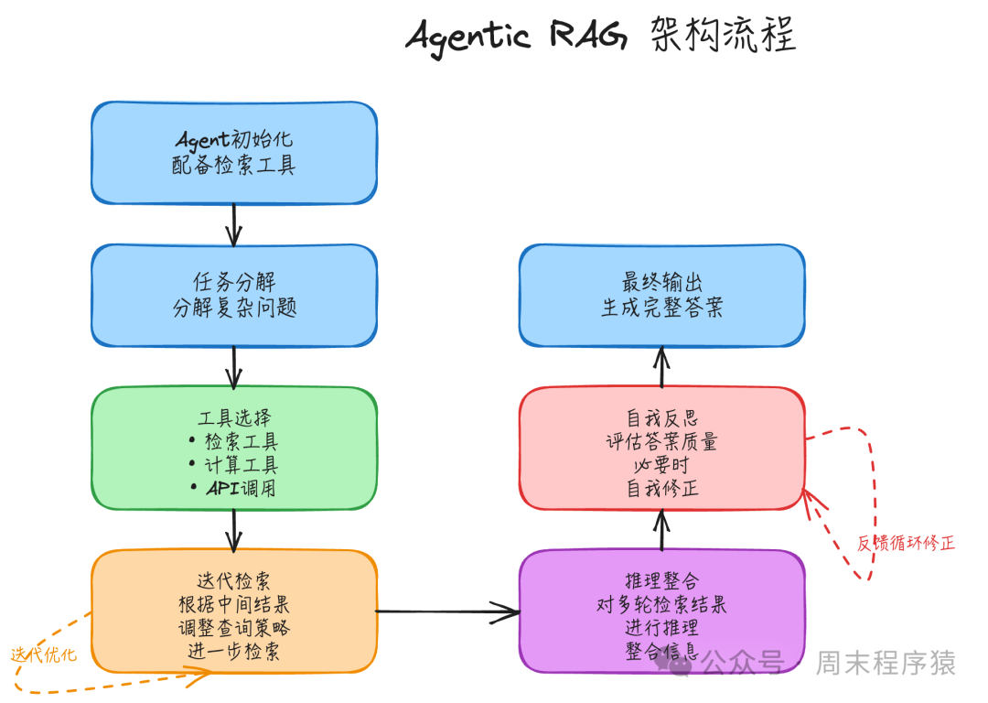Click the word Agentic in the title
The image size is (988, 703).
467,37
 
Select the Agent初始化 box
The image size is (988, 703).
234,153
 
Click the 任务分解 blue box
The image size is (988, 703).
234,295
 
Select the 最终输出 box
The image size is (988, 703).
661,295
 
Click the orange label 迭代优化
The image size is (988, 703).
44,655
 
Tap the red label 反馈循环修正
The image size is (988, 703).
906,543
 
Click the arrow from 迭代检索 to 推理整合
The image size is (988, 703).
447,611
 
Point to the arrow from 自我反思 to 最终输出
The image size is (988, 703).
661,368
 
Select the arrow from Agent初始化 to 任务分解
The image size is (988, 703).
234,224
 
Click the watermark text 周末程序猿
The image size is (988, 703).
885,663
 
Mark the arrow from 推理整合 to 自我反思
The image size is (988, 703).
661,530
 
